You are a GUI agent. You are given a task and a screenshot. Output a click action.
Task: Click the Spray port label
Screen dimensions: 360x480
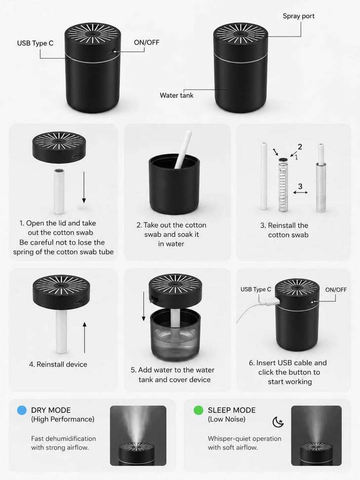click(x=298, y=16)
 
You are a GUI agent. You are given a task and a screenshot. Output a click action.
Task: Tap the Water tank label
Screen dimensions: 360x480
click(x=177, y=95)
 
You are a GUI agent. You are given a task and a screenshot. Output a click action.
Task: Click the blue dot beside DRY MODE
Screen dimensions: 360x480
click(x=22, y=410)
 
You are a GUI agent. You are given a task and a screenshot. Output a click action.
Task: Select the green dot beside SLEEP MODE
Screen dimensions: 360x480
click(x=199, y=410)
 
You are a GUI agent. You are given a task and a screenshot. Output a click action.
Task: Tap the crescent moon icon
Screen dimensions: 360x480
click(x=278, y=422)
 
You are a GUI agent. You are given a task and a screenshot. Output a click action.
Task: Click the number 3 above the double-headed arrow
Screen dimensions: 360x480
click(x=300, y=186)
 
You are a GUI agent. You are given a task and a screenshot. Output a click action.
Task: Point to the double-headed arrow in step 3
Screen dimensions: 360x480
click(x=300, y=193)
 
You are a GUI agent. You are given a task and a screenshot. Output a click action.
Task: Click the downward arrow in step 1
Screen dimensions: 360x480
click(x=84, y=187)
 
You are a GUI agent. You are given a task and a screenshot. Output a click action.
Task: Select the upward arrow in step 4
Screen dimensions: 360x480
click(x=84, y=338)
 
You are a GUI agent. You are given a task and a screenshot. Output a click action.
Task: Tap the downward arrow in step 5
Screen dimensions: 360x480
click(x=144, y=307)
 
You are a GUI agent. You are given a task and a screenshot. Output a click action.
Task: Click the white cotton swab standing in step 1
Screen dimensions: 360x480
click(x=59, y=191)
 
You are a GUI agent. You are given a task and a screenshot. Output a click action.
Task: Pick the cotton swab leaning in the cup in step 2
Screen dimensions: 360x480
click(x=183, y=150)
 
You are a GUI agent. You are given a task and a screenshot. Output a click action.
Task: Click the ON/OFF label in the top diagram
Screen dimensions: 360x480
click(x=147, y=42)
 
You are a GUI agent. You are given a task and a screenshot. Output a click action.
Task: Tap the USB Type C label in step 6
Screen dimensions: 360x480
click(x=256, y=289)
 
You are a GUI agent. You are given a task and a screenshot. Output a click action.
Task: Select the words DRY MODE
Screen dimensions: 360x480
click(x=51, y=410)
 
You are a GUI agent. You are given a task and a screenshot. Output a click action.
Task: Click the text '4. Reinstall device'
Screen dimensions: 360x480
click(x=58, y=364)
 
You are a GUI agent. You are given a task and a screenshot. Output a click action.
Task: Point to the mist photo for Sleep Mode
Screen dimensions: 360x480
click(x=316, y=436)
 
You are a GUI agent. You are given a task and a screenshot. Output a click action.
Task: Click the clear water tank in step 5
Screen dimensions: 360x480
click(x=175, y=334)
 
